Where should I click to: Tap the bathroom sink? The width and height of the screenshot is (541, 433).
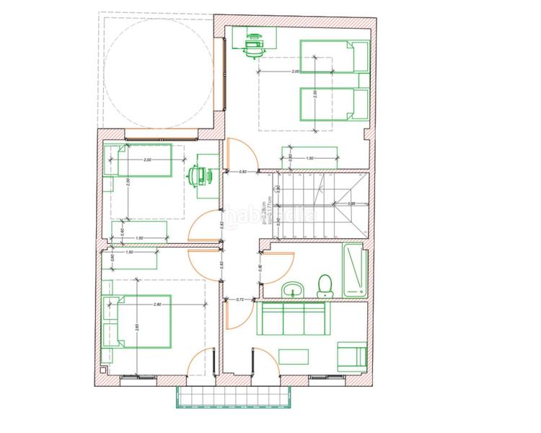click(x=293, y=290)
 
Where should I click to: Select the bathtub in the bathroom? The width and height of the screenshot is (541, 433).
click(x=354, y=271)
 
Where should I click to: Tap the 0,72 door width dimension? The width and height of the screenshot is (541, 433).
click(x=242, y=298)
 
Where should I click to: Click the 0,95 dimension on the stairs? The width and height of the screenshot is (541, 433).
click(x=352, y=204)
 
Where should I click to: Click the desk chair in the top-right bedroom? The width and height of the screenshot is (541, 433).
click(x=253, y=45)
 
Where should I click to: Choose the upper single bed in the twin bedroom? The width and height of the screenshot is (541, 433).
click(x=334, y=56)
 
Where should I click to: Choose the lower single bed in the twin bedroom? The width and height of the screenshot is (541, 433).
click(x=334, y=103)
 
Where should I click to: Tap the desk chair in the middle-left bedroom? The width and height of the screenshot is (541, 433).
click(x=198, y=175)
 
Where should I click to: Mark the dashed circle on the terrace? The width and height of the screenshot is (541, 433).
click(x=158, y=71)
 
